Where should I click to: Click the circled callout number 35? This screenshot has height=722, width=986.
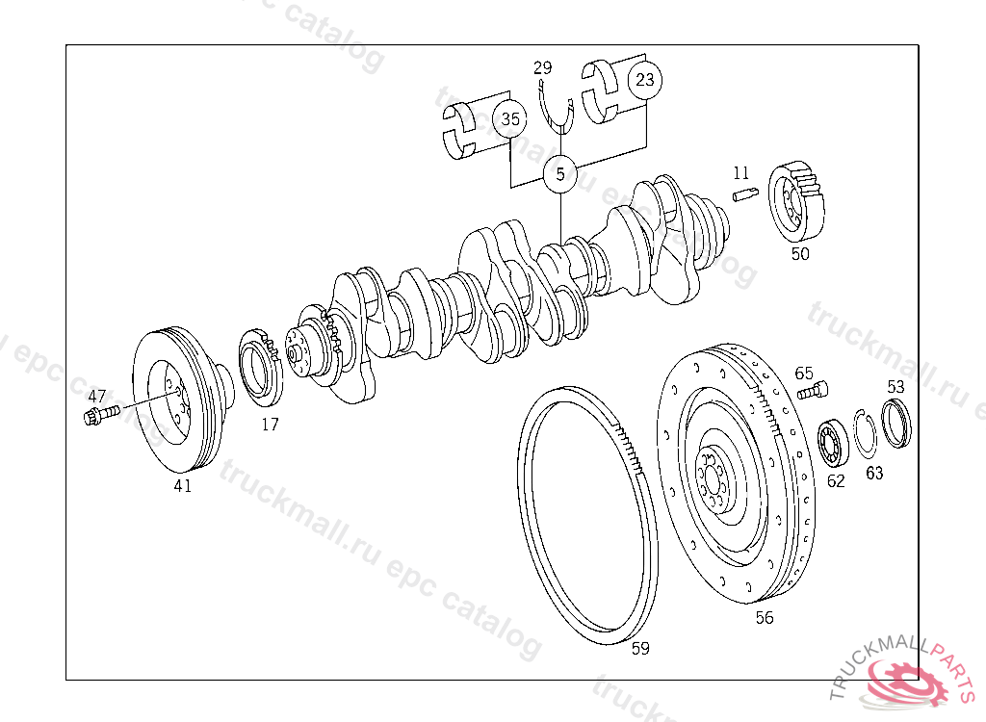point(510,118)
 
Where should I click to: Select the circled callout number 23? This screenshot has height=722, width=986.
point(645,80)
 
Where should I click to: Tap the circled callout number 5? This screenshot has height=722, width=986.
point(559,174)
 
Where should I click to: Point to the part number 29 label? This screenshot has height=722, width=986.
point(543,67)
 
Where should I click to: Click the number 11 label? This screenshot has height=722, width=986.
point(740,172)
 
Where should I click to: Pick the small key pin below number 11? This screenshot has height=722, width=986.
point(746,195)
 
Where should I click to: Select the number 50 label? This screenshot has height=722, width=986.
point(800,254)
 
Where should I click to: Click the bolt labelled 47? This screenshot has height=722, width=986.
point(101,415)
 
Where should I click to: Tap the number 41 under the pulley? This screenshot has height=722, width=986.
point(182,485)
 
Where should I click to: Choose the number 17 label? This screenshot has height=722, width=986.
point(270,425)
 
